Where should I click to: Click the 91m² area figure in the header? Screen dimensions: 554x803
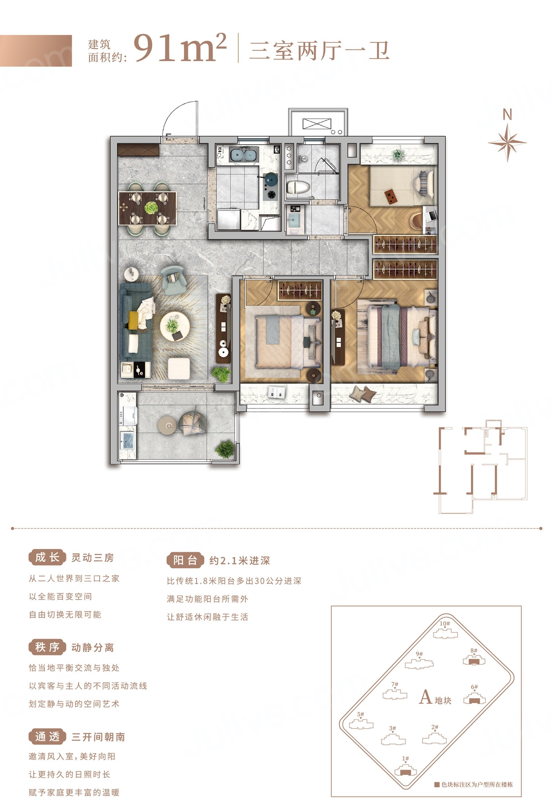click(180, 48)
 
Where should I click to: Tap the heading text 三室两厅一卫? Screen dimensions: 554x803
click(319, 50)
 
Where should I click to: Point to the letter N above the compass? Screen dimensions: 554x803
click(508, 115)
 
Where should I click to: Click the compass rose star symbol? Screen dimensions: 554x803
click(508, 142)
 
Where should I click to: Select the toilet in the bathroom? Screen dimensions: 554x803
click(298, 187)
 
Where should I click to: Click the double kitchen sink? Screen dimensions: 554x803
click(244, 154)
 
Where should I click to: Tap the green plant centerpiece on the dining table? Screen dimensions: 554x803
click(151, 208)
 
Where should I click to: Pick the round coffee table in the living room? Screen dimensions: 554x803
click(175, 326)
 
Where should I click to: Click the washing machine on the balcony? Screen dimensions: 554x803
click(127, 416)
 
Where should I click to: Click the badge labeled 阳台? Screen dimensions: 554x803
click(185, 560)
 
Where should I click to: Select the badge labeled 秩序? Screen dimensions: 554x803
click(47, 647)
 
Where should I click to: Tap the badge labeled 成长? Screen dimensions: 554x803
click(47, 557)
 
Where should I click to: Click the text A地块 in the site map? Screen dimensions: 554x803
click(435, 697)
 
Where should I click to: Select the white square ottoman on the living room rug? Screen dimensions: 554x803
click(179, 369)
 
